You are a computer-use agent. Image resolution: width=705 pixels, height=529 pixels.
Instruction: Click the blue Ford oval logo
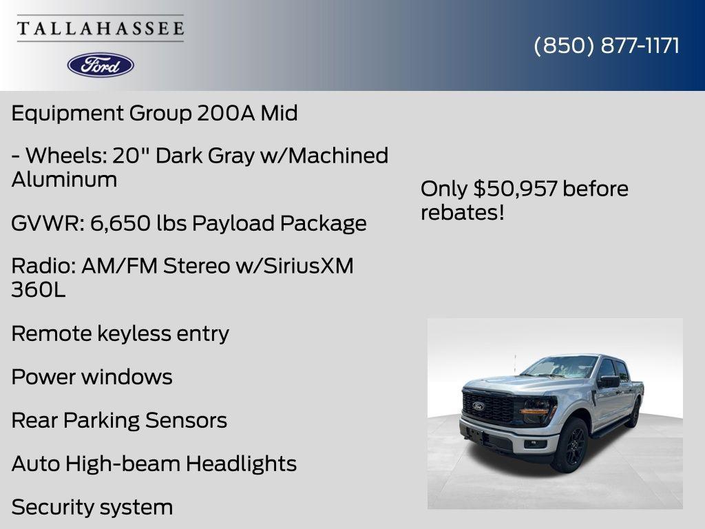(101, 65)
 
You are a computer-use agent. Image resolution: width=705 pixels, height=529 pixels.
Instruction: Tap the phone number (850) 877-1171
(607, 45)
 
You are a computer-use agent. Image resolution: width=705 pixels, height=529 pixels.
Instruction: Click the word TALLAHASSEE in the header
(101, 28)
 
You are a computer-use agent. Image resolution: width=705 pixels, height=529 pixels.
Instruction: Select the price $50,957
(515, 189)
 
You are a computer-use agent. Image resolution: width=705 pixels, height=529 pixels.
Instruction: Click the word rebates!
(463, 212)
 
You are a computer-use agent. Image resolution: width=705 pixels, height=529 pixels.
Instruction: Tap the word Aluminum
(64, 180)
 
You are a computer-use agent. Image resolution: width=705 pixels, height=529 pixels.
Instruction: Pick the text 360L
(39, 290)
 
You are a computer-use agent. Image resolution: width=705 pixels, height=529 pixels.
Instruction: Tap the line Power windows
(92, 377)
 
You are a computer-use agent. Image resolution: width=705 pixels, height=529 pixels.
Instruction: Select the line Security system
(92, 507)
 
